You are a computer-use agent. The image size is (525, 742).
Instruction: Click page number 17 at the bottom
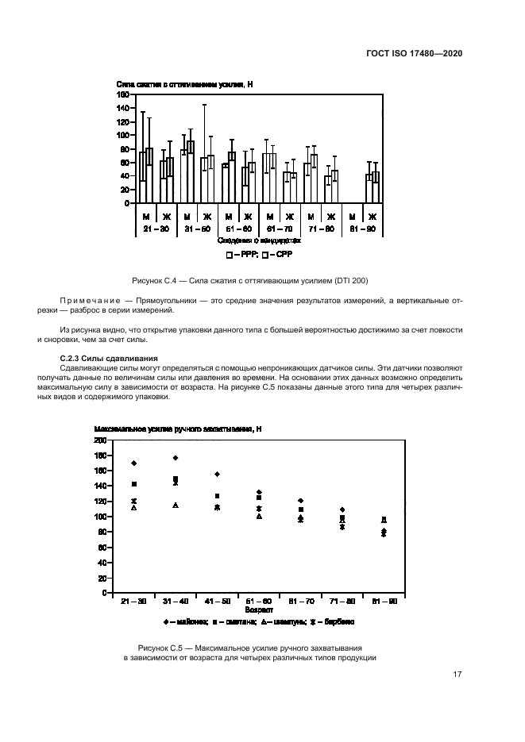[457, 675]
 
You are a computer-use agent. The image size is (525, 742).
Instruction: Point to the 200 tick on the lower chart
[100, 440]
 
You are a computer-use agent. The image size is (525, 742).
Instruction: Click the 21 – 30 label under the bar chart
[156, 229]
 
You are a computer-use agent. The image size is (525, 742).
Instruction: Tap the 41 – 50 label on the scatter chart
[216, 603]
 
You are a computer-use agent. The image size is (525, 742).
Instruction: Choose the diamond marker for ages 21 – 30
[134, 463]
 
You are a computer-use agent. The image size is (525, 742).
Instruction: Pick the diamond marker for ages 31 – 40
[176, 458]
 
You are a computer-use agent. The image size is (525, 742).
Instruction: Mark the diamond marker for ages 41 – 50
[217, 474]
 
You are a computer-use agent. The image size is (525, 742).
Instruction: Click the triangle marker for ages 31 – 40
[176, 506]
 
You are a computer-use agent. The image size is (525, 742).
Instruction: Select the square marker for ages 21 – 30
[134, 484]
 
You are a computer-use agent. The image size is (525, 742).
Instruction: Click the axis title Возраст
[258, 611]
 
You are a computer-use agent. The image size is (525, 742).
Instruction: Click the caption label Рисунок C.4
[160, 280]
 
